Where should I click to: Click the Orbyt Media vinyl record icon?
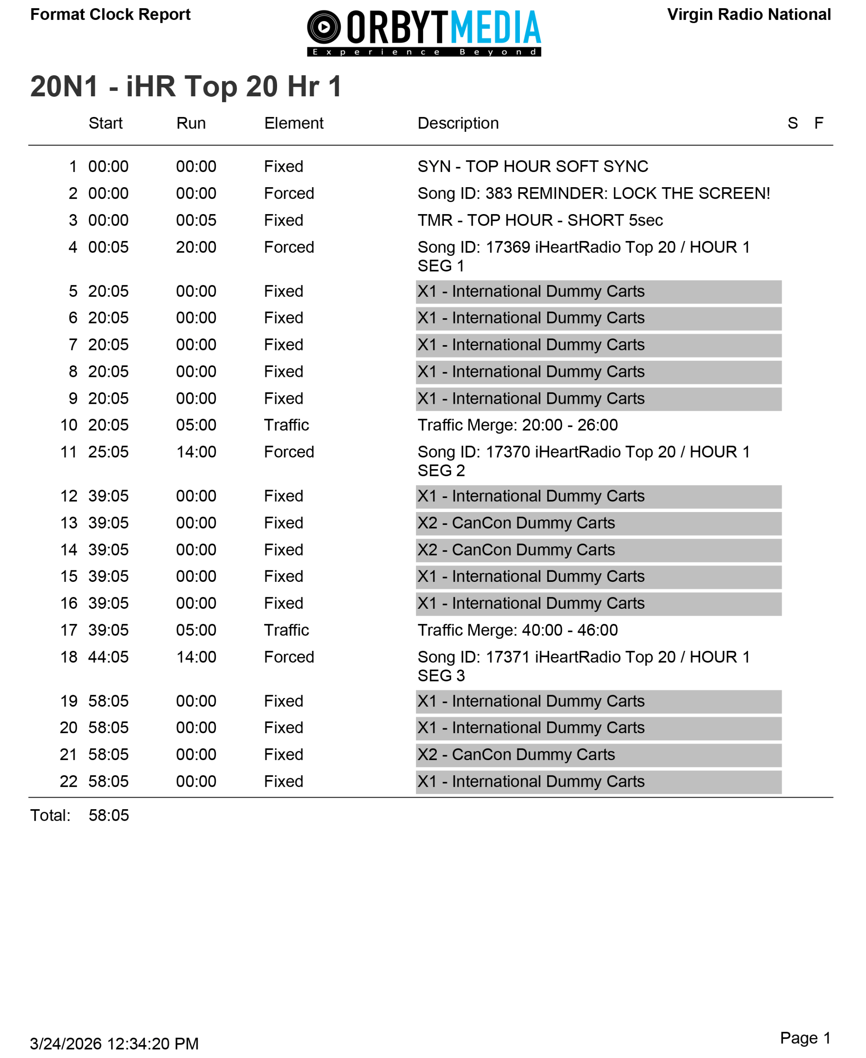pos(324,27)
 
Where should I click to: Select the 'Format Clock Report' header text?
pos(110,14)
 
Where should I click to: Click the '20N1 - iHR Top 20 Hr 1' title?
pos(186,86)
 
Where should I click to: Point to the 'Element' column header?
pos(294,123)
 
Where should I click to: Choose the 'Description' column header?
pos(457,123)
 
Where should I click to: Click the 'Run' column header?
pos(191,123)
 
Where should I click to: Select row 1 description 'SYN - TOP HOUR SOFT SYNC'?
pos(532,167)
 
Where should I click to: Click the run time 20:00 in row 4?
pos(196,247)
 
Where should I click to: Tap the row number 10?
pos(69,425)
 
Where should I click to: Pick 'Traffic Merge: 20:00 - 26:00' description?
pos(517,425)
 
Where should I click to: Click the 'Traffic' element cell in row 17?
pos(286,630)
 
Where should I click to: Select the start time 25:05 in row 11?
pos(108,452)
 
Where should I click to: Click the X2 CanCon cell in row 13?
pos(598,523)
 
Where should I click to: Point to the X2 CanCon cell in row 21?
pos(598,755)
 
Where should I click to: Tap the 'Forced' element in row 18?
pos(289,657)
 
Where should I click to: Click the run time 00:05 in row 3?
pos(196,220)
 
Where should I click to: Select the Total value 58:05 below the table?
pos(109,816)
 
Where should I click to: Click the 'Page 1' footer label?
pos(805,1038)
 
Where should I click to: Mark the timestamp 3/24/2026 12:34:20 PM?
pos(114,1044)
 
